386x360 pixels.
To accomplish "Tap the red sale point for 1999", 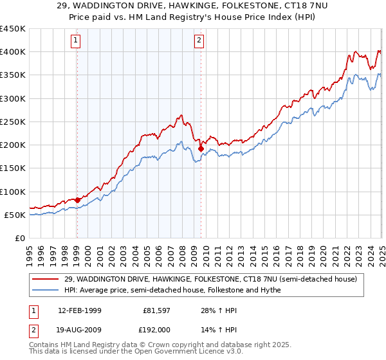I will pos(77,200).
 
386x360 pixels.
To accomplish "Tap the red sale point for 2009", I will pos(201,148).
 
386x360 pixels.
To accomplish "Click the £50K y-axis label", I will pos(14,215).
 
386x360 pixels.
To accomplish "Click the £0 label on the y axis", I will pos(20,238).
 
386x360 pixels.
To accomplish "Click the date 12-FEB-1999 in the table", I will pos(79,310).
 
